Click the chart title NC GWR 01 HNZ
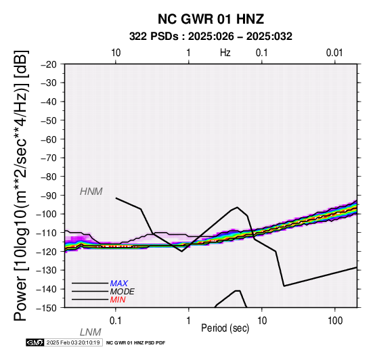click(x=211, y=19)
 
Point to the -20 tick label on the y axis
click(x=49, y=64)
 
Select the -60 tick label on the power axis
click(x=49, y=139)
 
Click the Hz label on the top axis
click(x=225, y=53)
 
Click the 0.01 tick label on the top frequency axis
click(x=334, y=53)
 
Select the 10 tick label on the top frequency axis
click(x=116, y=53)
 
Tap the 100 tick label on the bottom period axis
click(x=335, y=321)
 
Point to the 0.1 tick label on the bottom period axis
click(x=116, y=321)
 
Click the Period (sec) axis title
click(x=225, y=328)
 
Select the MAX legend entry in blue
click(x=119, y=284)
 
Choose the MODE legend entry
click(x=123, y=292)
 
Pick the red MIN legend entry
click(x=118, y=300)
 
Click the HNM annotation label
click(x=91, y=192)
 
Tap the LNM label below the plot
click(x=91, y=332)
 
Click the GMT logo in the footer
click(x=35, y=342)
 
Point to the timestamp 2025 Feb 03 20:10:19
click(x=73, y=342)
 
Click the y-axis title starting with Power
click(x=21, y=186)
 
